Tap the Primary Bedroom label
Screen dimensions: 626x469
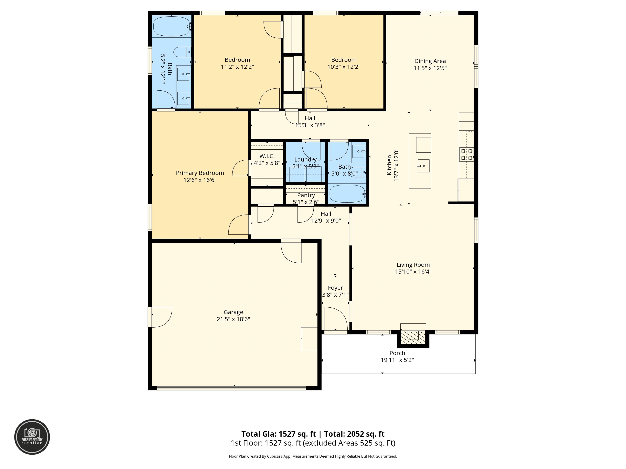[x=200, y=173]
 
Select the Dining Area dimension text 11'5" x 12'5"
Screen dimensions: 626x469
[x=430, y=68]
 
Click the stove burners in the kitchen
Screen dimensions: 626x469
[x=466, y=154]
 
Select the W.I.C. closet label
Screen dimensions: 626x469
[x=267, y=156]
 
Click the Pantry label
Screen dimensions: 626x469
[x=306, y=195]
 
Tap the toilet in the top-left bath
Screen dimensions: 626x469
[x=182, y=52]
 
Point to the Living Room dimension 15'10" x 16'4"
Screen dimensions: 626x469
[x=413, y=272]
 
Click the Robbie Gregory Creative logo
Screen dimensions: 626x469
[x=32, y=437]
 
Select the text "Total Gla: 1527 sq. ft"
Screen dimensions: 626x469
[x=279, y=434]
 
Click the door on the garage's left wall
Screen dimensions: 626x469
[x=160, y=317]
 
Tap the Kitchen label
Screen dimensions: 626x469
[x=389, y=165]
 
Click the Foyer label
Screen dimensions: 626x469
[x=335, y=288]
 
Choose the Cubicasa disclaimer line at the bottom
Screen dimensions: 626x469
[x=313, y=456]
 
